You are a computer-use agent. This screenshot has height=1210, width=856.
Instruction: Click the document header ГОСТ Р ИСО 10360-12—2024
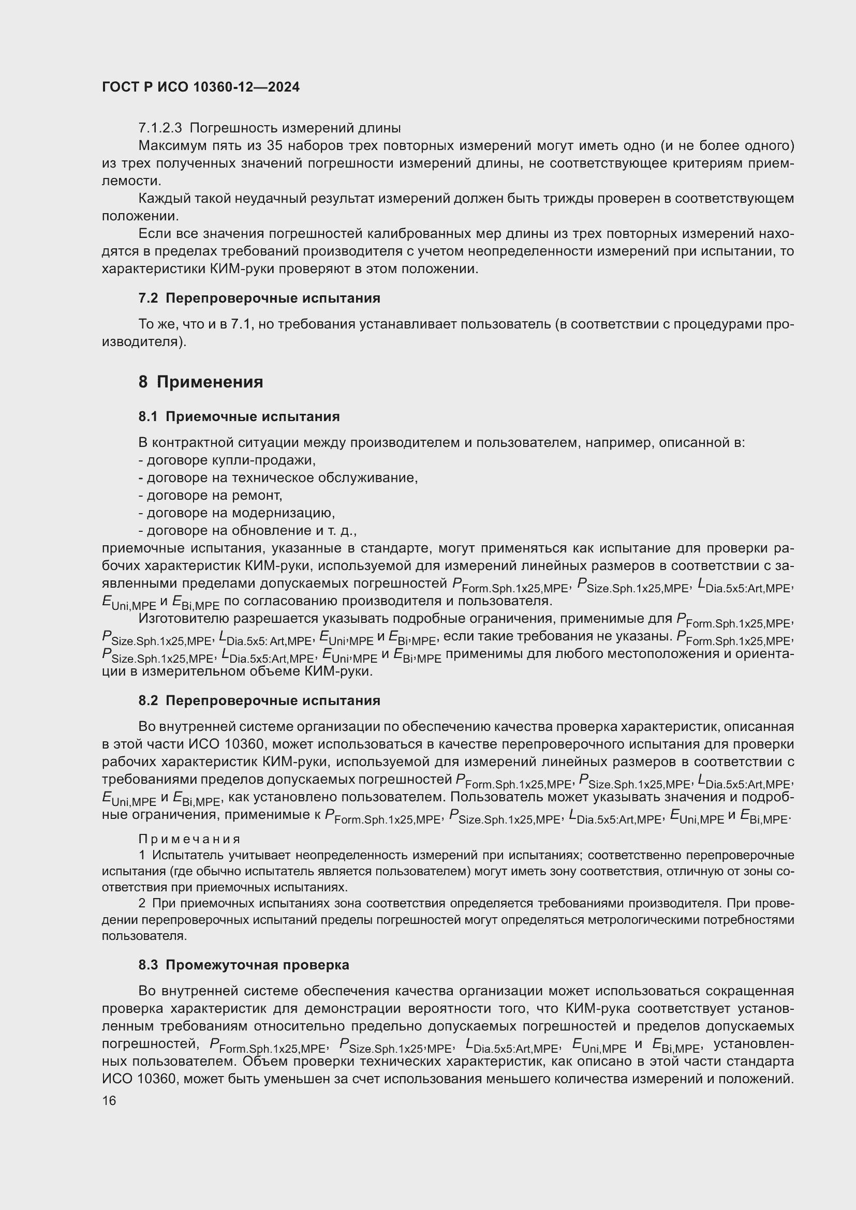(200, 87)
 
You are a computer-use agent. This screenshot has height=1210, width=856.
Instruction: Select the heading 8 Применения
(200, 382)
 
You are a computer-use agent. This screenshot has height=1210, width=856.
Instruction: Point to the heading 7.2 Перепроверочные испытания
(259, 298)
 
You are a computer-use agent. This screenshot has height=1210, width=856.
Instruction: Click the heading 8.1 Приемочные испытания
(239, 417)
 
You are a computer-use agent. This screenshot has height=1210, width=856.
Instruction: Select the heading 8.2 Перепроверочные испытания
(259, 701)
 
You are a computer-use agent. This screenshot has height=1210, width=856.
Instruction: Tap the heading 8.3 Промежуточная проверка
(244, 965)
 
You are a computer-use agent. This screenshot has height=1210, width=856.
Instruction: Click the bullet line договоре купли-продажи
(227, 460)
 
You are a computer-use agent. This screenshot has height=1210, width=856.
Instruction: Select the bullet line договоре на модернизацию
(237, 513)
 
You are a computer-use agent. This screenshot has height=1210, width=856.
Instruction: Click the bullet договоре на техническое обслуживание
(278, 478)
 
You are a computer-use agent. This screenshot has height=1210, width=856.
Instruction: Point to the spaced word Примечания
(189, 839)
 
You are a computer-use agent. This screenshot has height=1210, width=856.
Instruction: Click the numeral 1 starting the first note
(141, 855)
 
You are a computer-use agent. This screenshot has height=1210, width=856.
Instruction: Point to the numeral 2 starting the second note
(142, 903)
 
